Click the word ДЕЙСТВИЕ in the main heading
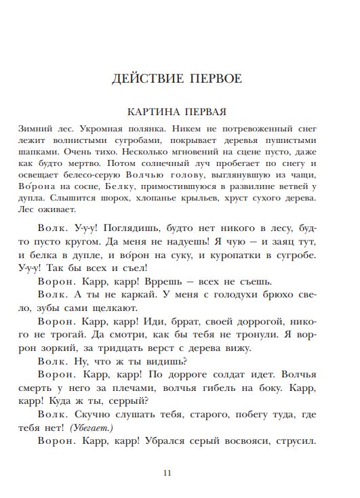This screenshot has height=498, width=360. pos(144,79)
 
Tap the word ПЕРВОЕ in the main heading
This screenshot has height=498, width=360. pos(216,79)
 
